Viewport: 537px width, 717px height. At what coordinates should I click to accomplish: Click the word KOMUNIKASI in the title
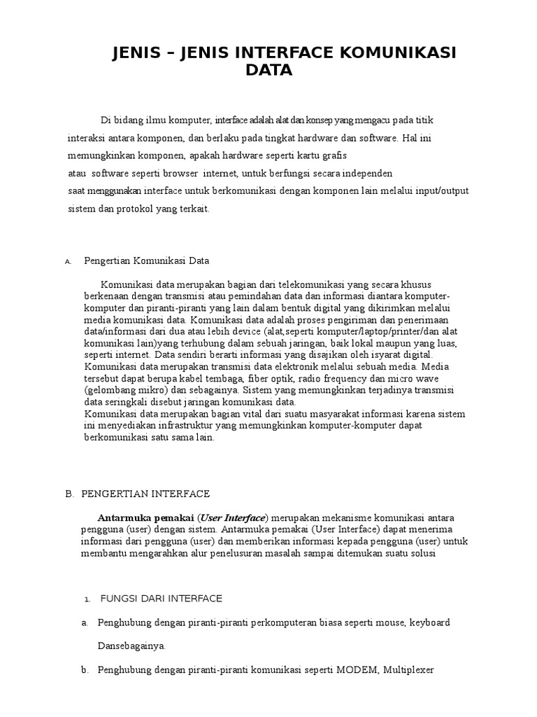(396, 54)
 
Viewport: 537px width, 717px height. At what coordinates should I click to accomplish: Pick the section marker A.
(68, 262)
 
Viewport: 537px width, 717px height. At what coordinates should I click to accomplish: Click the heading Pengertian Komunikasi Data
(147, 260)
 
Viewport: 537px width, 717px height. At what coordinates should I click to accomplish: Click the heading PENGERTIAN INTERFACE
(145, 494)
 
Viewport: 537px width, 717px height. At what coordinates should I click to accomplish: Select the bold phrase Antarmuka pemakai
(146, 517)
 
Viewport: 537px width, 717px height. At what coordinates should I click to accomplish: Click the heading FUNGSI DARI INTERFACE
(162, 598)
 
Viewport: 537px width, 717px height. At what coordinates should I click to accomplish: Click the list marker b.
(85, 670)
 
